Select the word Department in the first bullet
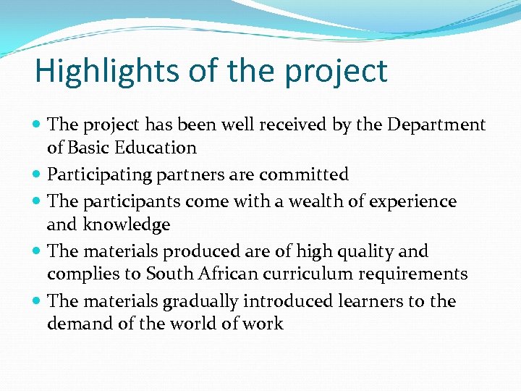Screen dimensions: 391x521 [436, 125]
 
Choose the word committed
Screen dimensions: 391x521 [304, 175]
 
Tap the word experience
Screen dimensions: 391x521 [415, 201]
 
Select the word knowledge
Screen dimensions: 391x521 [127, 224]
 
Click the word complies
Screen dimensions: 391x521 [80, 274]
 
